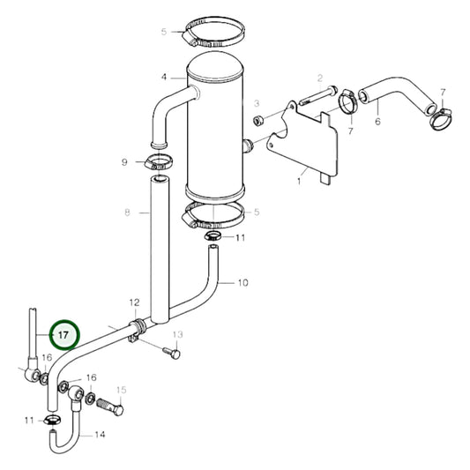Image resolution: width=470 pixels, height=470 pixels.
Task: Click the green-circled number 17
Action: (x=63, y=336)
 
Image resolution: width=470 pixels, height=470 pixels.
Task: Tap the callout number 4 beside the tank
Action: (x=164, y=78)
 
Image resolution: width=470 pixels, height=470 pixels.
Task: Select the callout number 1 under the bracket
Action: (x=299, y=181)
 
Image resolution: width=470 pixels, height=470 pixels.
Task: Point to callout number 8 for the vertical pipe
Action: (x=127, y=213)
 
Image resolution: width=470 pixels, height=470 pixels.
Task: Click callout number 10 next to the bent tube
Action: (x=243, y=283)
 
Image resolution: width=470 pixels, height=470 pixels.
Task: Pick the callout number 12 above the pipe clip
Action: (x=134, y=302)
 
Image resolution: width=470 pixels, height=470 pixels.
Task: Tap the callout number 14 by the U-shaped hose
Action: (x=100, y=435)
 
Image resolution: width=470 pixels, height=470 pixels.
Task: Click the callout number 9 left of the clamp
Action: (x=125, y=162)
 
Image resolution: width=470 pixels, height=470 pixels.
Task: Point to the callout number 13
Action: (x=177, y=335)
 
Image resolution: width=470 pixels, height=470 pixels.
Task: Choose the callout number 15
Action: (x=122, y=390)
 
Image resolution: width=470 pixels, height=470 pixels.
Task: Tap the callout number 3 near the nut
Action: (x=257, y=104)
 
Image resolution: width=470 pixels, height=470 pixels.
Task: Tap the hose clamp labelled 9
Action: (x=156, y=161)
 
